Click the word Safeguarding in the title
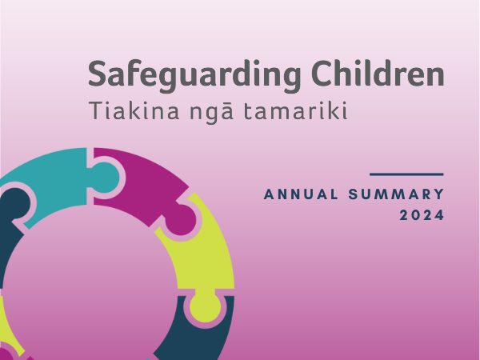click(194, 75)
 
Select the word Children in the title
click(378, 74)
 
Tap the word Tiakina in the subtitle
click(134, 110)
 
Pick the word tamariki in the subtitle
click(296, 110)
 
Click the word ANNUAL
click(301, 194)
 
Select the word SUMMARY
click(396, 194)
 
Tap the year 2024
click(422, 215)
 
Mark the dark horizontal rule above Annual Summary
click(406, 174)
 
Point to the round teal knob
click(105, 178)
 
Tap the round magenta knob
click(182, 220)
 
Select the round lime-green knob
click(205, 307)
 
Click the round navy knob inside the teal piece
click(15, 203)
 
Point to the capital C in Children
click(322, 74)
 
